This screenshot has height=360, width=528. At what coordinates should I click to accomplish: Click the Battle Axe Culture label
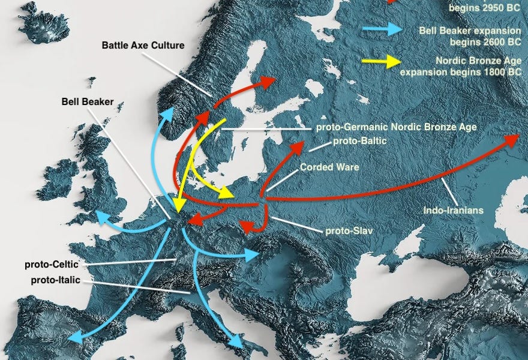click(x=143, y=45)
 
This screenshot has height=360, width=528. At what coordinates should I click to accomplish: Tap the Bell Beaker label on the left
click(x=87, y=101)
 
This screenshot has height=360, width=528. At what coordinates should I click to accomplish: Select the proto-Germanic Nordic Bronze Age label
click(x=396, y=127)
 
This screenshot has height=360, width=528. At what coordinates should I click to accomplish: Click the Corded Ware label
click(x=329, y=167)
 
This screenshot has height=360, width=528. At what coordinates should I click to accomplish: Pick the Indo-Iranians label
click(x=453, y=211)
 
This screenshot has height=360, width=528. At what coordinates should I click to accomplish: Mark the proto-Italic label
click(x=55, y=281)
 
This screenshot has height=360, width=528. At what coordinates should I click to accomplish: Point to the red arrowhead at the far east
click(x=513, y=138)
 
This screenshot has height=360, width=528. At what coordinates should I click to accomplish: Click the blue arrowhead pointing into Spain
click(x=75, y=338)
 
